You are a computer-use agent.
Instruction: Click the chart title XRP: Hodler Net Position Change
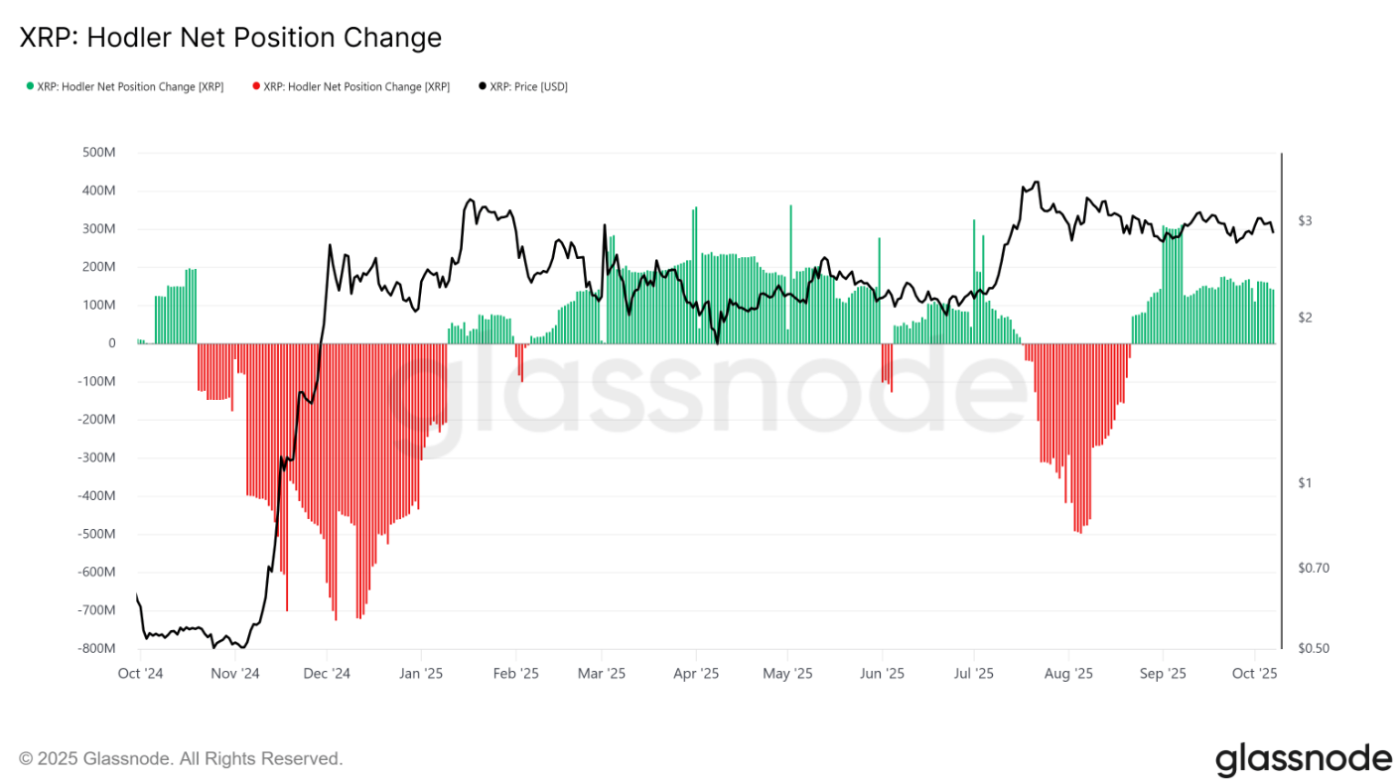[230, 38]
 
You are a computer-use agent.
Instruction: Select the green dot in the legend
[30, 86]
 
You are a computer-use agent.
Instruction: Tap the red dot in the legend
[256, 86]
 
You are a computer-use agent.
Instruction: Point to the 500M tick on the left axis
[98, 153]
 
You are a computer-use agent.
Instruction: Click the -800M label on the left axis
[96, 648]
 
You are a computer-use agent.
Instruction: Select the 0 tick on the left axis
[111, 343]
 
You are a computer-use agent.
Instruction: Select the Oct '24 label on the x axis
[139, 673]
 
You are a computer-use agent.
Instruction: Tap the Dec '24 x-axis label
[327, 673]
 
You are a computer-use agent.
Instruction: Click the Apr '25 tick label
[696, 673]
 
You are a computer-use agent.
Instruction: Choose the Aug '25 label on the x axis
[1068, 673]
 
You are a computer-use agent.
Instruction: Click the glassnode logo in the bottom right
[1304, 759]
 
